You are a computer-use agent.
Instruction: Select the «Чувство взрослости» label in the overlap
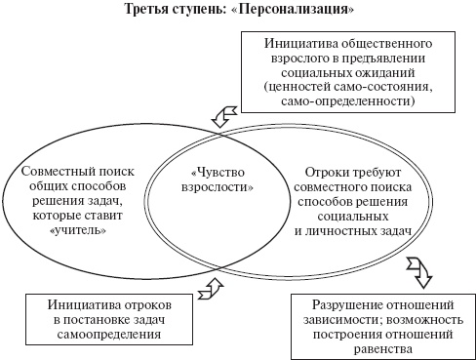[211, 177]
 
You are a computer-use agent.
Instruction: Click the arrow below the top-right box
[223, 117]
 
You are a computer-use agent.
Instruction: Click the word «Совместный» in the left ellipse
[54, 171]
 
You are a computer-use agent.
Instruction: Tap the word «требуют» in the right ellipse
[380, 170]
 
